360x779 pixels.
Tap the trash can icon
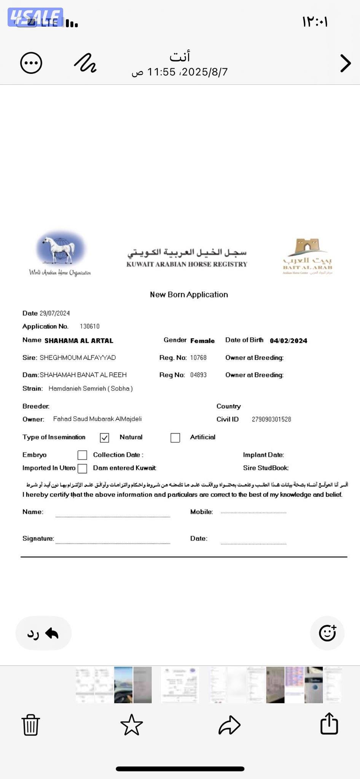[x=30, y=725]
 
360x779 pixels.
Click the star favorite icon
[x=131, y=725]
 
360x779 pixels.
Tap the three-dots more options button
[x=31, y=63]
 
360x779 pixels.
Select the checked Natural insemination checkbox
[x=105, y=438]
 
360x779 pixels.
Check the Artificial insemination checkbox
[x=175, y=438]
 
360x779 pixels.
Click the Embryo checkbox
[x=82, y=455]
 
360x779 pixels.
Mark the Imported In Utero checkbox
[x=82, y=468]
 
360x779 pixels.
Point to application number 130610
[x=90, y=326]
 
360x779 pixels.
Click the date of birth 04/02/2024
[x=288, y=341]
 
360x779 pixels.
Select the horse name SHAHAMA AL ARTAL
[x=79, y=341]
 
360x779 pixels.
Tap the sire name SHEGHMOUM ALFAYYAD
[x=78, y=358]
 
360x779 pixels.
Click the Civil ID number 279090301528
[x=271, y=419]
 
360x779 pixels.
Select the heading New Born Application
[x=189, y=294]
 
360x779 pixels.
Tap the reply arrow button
[x=43, y=633]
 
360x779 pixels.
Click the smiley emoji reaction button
[x=327, y=633]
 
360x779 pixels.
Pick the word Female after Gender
[x=202, y=341]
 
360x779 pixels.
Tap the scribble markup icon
[x=85, y=63]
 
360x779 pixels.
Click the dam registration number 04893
[x=198, y=375]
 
